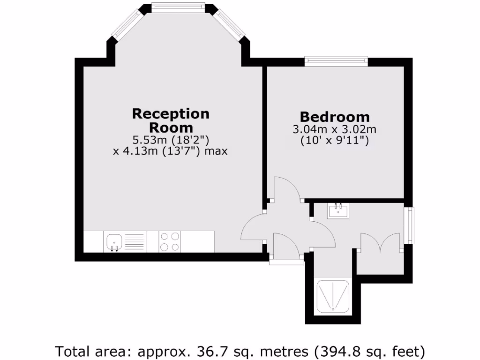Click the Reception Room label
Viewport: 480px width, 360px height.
[171, 120]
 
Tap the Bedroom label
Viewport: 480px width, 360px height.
[335, 117]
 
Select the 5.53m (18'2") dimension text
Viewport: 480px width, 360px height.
[171, 140]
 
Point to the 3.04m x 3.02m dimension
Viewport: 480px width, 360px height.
[335, 129]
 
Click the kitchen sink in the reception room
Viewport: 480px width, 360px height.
[114, 242]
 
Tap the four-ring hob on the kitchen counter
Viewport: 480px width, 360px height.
[170, 242]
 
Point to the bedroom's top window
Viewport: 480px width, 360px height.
[336, 61]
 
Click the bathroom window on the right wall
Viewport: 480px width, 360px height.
[410, 225]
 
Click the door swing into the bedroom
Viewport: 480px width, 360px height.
[287, 188]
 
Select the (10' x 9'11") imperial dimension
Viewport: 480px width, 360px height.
[335, 140]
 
